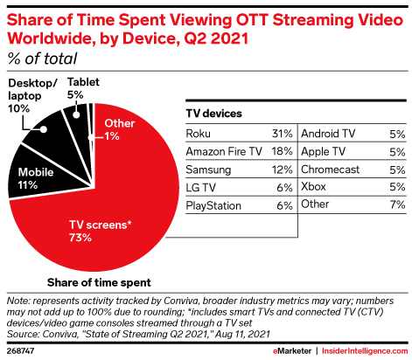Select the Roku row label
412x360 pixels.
coord(199,134)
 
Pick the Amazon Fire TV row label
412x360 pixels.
coord(223,151)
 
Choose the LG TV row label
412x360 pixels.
coord(201,187)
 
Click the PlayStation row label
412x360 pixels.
coord(213,204)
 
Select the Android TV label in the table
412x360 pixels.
coord(330,134)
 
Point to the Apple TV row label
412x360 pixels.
coord(323,151)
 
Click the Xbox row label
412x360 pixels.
coord(314,187)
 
